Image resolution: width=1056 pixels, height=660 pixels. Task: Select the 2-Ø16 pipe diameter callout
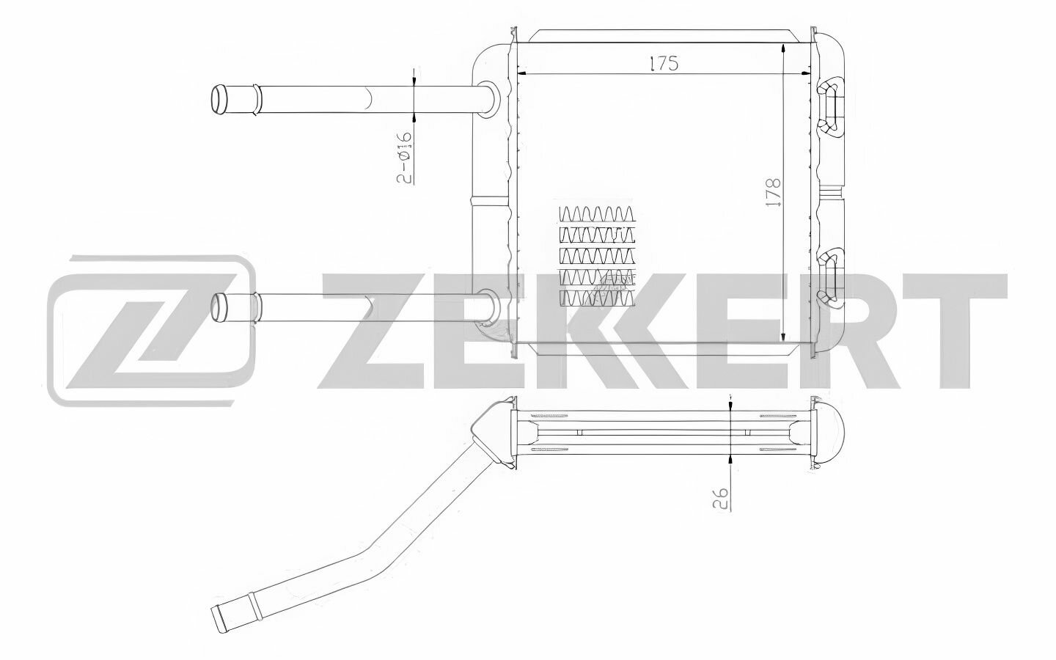[405, 158]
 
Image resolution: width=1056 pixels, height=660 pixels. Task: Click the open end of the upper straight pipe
[219, 100]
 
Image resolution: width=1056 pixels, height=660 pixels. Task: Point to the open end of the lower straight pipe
[220, 308]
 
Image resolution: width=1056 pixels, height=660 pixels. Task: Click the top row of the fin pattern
[596, 213]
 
